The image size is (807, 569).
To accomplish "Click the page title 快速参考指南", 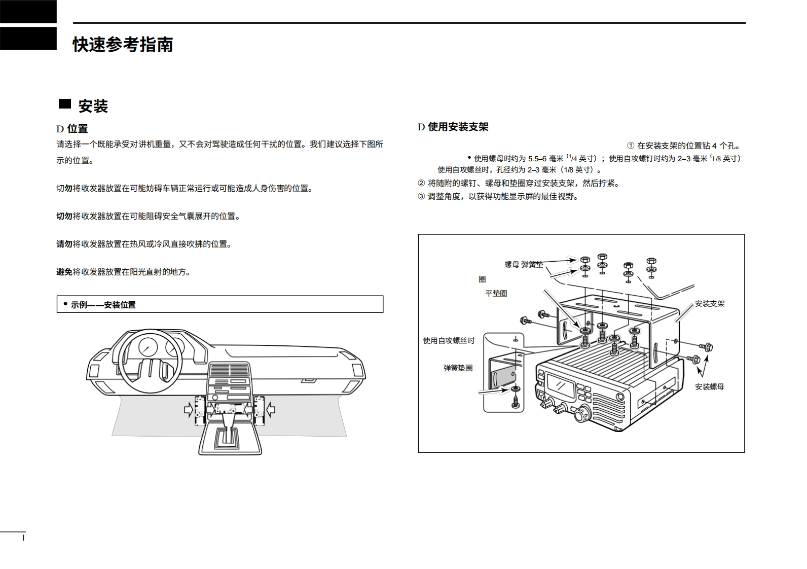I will pos(123,45).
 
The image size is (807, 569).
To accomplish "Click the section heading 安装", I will pos(93,106).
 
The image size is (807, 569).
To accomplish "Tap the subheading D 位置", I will pos(72,129).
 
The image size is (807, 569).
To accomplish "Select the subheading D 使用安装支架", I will pos(453,127).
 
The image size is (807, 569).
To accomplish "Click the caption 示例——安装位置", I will pos(103,305).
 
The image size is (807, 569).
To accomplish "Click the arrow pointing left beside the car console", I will pos(270,407).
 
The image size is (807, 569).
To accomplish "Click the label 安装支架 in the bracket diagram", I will pos(710,304).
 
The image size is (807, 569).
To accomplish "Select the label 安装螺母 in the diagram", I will pos(709,387).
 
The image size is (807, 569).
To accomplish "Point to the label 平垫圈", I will pos(496,293).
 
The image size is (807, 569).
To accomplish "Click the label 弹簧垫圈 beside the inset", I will pos(458,368).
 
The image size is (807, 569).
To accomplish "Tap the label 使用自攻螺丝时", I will pos(449,341).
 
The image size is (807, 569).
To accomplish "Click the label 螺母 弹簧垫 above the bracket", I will pos(523,264).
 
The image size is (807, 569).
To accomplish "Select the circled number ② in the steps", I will pos(421,183).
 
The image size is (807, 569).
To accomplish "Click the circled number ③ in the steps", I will pos(421,196).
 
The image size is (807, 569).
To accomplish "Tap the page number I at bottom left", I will pos(23,538).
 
